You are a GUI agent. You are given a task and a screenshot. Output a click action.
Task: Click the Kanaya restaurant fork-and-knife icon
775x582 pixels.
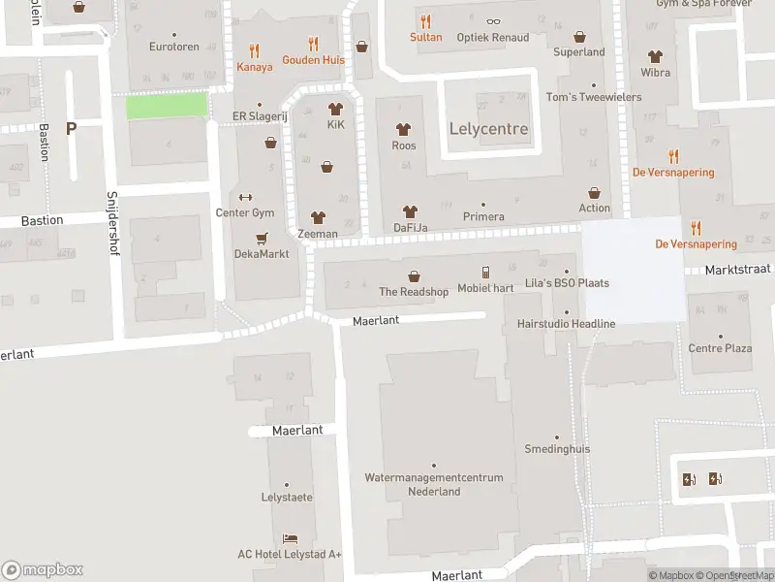255,50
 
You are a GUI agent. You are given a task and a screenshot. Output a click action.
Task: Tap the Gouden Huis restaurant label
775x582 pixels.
313,59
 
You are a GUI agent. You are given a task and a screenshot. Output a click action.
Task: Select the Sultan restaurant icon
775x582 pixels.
425,21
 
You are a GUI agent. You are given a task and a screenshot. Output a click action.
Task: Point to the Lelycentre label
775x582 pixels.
489,129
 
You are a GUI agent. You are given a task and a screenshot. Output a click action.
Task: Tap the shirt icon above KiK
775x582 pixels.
336,109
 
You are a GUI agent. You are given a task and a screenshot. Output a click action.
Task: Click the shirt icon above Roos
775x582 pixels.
404,129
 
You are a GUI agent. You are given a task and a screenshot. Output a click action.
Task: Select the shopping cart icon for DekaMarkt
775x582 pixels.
262,238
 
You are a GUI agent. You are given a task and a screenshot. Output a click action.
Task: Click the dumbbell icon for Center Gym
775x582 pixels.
245,197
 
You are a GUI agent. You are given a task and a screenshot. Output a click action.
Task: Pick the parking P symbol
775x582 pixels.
71,128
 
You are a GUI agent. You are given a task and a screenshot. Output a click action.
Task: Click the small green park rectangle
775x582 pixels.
168,106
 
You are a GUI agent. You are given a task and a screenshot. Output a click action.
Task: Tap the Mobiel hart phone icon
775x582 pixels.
486,273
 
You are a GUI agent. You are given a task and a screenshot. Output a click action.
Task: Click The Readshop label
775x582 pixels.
414,292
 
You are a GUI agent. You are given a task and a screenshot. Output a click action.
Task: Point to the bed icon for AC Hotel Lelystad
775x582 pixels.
290,538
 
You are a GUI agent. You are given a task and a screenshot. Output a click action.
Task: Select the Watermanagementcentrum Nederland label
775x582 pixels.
434,484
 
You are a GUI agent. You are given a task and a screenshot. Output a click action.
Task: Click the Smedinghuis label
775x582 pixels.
557,449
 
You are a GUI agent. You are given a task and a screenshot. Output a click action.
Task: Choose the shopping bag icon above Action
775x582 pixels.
594,192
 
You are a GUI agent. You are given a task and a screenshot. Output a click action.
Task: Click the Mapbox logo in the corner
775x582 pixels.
43,569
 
